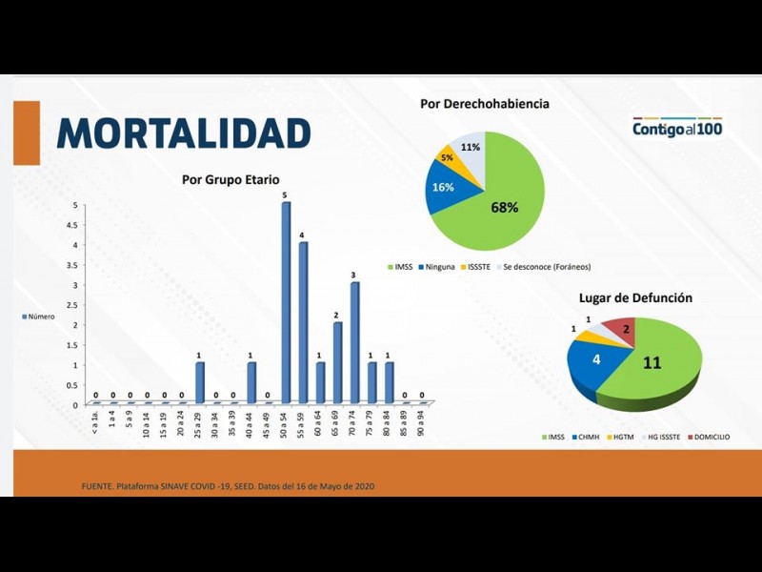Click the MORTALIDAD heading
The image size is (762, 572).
tap(184, 133)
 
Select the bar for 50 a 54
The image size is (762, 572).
tap(286, 303)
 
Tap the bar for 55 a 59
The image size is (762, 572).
tap(303, 323)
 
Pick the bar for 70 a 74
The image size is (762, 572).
tap(354, 343)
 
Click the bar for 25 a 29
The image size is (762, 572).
tap(200, 383)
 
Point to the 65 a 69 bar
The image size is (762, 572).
tap(337, 363)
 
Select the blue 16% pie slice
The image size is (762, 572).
tap(444, 187)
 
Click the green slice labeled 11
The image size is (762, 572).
tap(657, 367)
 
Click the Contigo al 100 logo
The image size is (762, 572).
tap(677, 128)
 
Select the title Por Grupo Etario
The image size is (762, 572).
tap(231, 179)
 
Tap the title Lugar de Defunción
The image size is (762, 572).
tap(635, 298)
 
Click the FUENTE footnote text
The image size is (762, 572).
tap(229, 487)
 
